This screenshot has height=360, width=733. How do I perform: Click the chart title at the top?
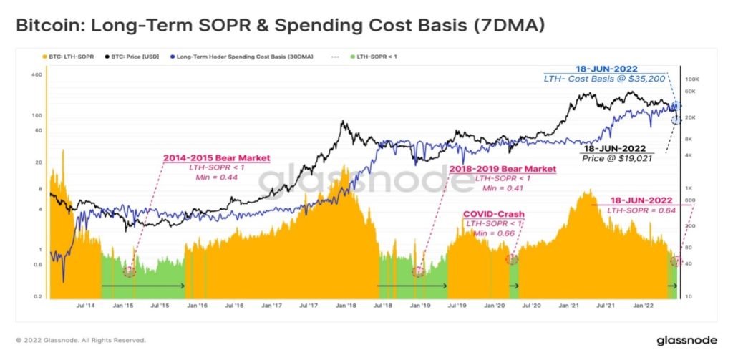pyautogui.click(x=281, y=26)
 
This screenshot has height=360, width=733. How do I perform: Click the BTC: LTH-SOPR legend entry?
pyautogui.click(x=69, y=57)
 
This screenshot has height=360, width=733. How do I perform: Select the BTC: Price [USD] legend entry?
pyautogui.click(x=132, y=57)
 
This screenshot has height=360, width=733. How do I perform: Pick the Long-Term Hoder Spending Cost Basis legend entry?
pyautogui.click(x=242, y=57)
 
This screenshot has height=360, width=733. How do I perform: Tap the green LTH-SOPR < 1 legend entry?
pyautogui.click(x=374, y=57)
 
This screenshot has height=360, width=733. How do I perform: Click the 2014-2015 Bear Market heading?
pyautogui.click(x=216, y=158)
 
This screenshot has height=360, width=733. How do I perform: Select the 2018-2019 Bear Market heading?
pyautogui.click(x=503, y=169)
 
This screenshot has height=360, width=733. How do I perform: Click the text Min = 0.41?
pyautogui.click(x=503, y=188)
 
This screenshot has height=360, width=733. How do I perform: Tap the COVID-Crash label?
pyautogui.click(x=494, y=215)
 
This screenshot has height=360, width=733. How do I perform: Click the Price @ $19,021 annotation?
pyautogui.click(x=617, y=158)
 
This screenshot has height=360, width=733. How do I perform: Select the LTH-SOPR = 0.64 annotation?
pyautogui.click(x=641, y=210)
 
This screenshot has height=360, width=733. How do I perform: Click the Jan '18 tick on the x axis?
pyautogui.click(x=346, y=306)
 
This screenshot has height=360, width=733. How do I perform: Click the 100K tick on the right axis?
pyautogui.click(x=691, y=79)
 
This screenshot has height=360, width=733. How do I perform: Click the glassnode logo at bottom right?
pyautogui.click(x=686, y=340)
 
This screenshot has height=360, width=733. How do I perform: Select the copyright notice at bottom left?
pyautogui.click(x=80, y=341)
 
